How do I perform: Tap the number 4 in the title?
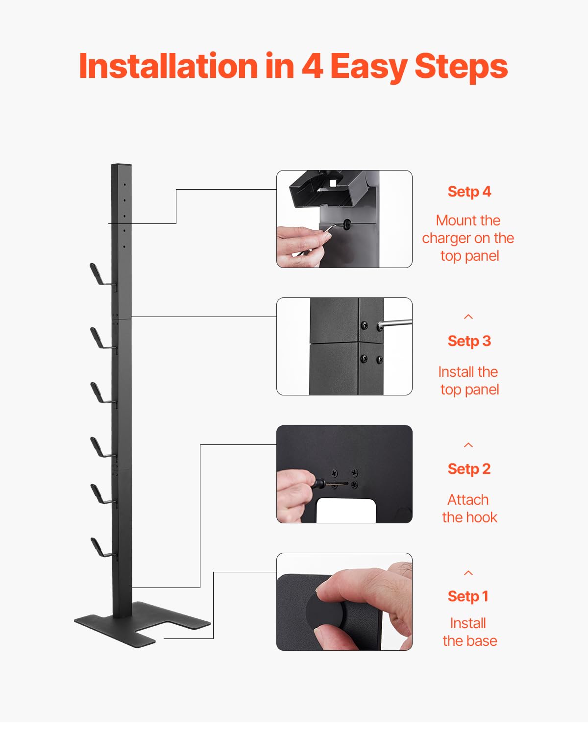(312, 66)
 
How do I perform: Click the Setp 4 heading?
(469, 192)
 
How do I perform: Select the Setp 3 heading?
(469, 341)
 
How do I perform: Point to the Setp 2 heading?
(469, 469)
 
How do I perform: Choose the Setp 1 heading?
(468, 596)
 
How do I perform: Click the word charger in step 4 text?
(446, 238)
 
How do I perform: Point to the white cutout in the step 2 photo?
(346, 511)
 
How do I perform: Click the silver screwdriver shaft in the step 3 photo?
(397, 323)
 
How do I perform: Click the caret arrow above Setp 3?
(468, 317)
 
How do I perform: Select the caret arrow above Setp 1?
(468, 573)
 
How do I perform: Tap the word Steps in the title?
(461, 66)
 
